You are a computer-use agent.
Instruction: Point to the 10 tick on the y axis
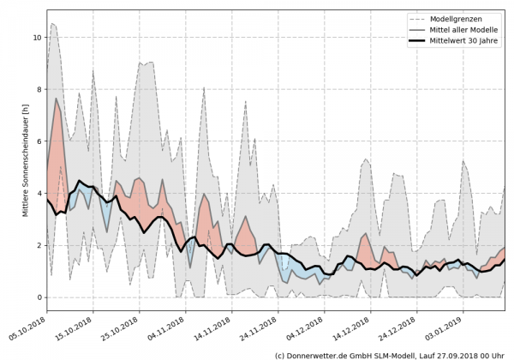(x=36, y=38)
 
